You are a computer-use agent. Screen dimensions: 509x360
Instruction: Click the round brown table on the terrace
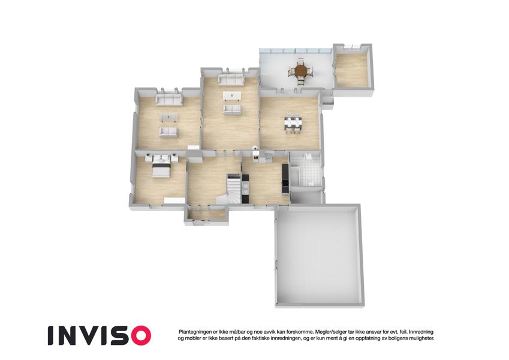click(301, 70)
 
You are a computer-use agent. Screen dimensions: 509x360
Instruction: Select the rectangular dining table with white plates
click(294, 122)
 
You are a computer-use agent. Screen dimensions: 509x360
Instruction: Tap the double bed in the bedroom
click(161, 169)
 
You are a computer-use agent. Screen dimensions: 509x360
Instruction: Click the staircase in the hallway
click(231, 188)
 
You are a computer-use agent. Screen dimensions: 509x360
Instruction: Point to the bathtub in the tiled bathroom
click(295, 175)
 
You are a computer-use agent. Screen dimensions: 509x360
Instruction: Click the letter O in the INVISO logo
click(138, 335)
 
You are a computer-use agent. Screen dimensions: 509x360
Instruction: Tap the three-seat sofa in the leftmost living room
click(169, 100)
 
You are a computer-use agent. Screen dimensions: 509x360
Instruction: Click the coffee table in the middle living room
click(232, 95)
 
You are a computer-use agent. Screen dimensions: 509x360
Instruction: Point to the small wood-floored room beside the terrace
click(352, 70)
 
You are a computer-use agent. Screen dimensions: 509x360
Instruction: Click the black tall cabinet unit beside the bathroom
click(285, 179)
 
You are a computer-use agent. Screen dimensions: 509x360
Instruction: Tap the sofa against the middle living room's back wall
click(231, 80)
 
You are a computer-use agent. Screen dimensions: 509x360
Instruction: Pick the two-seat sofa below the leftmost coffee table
click(168, 132)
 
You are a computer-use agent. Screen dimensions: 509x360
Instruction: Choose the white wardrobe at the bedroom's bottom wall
click(174, 201)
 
